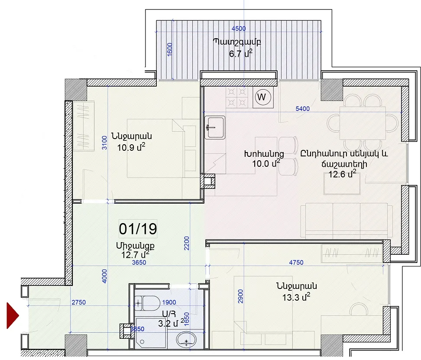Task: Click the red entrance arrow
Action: pos(13,315)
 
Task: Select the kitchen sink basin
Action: pos(215,127)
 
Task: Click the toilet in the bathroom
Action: pos(147,303)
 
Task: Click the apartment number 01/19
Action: pos(138,229)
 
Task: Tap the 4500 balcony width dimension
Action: pos(238,29)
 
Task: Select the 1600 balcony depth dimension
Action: pos(170,49)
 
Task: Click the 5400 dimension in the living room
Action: pos(303,109)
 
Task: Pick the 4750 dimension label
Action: pos(296,263)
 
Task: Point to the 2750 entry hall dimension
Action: pos(79,302)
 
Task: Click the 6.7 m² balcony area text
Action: pos(240,53)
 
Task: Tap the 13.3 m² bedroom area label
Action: pos(296,297)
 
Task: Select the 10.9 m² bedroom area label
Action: pos(131,147)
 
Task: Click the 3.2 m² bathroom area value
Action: pos(171,323)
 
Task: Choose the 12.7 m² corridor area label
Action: pos(135,254)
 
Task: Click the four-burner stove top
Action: pos(237,97)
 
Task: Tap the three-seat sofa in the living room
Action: pos(347,220)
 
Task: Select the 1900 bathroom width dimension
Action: pos(169,302)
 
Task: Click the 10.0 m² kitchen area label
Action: pos(266,163)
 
